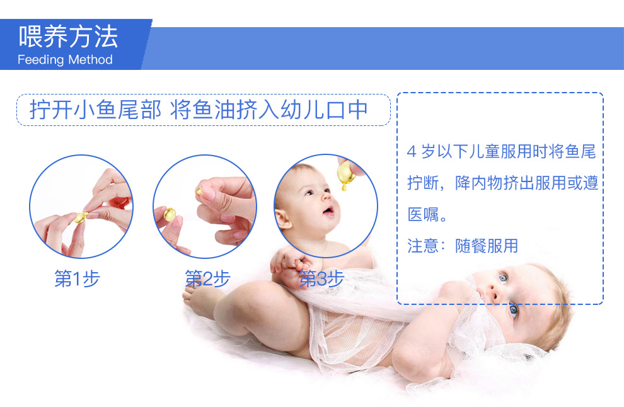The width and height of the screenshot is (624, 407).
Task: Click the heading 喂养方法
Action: coord(68,36)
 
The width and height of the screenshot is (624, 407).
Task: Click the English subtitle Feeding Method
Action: coord(65,60)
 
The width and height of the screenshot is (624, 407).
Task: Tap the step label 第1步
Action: coord(77,278)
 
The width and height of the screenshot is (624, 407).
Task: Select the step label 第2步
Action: coord(208,278)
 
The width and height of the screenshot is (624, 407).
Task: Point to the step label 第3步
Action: coord(321,278)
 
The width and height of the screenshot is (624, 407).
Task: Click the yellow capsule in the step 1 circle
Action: coord(81,217)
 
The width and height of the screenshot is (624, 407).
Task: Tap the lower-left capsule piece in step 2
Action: coord(170,214)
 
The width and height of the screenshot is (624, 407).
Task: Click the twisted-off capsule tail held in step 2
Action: coord(199,191)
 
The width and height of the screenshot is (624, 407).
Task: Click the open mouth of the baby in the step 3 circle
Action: coord(329,210)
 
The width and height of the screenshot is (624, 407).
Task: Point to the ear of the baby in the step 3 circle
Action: coord(283,219)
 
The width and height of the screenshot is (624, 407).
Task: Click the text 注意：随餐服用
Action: coord(463,246)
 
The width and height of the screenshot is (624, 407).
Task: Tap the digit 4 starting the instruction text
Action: coord(412,152)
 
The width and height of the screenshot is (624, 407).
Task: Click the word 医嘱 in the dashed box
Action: coord(423,214)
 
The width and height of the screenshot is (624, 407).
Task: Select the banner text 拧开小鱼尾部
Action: coord(96,110)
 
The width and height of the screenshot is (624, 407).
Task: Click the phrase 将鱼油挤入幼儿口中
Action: coord(269,110)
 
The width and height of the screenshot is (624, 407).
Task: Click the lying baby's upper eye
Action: coord(503,277)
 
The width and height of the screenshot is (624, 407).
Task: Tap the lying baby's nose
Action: coord(494,294)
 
